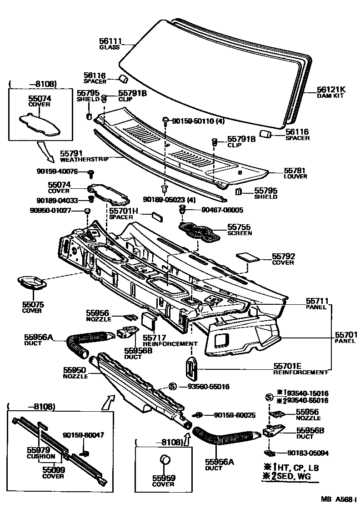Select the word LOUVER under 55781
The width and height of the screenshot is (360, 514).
(295, 176)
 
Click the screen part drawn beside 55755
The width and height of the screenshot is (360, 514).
(199, 230)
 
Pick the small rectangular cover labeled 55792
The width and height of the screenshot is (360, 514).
(248, 256)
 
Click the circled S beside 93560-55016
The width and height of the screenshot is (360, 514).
(173, 386)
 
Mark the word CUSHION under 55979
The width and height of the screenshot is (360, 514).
(41, 456)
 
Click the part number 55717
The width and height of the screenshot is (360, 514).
(154, 338)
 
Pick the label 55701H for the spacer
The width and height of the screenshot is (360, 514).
(123, 211)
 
